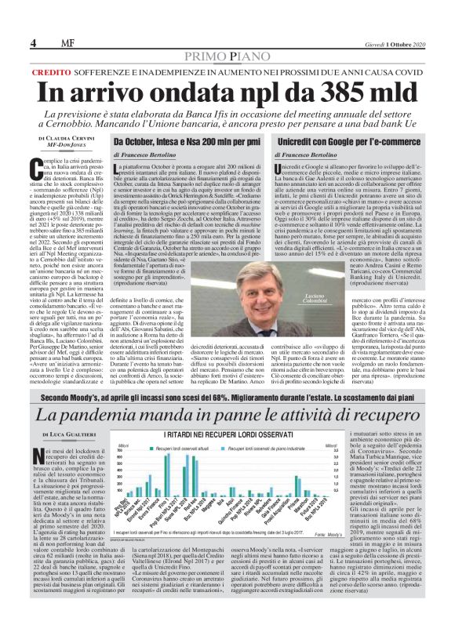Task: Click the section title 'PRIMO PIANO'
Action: click(x=227, y=32)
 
